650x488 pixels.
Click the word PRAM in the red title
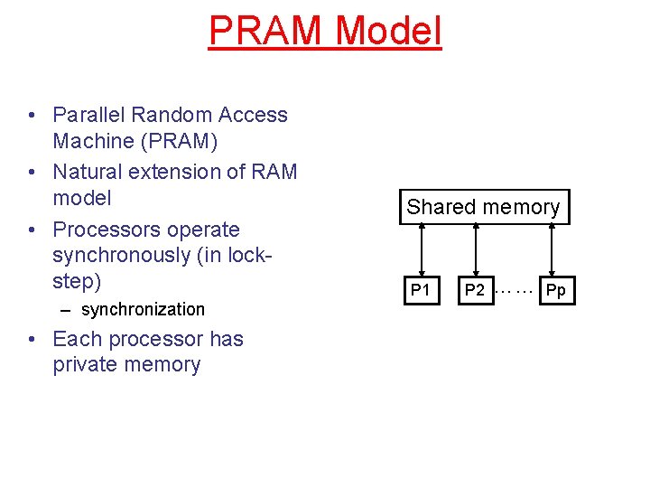266,30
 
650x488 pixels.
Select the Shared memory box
483,207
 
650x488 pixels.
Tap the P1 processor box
420,290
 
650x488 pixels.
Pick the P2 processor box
475,290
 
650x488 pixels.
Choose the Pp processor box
556,290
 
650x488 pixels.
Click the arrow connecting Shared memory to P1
421,250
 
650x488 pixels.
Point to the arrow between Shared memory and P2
475,250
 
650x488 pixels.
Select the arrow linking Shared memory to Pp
552,250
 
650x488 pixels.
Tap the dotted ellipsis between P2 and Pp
515,290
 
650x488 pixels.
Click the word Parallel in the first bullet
88,115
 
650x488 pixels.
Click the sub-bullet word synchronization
143,309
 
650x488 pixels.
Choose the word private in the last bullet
88,364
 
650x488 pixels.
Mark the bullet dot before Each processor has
32,340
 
